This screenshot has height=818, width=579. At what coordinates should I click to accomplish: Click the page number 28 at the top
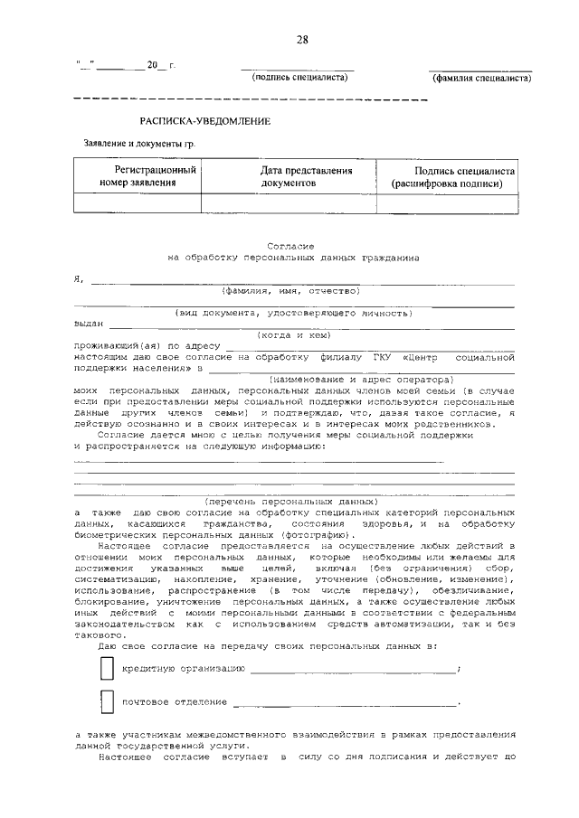(301, 39)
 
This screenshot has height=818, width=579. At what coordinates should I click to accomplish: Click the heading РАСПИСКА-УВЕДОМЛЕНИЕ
(204, 120)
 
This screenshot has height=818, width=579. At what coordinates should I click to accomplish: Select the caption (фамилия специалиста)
(480, 79)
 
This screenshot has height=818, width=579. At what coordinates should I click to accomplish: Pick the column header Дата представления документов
(289, 176)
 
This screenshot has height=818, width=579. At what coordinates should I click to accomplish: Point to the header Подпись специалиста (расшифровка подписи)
(452, 176)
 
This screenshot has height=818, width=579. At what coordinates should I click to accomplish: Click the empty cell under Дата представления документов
(289, 203)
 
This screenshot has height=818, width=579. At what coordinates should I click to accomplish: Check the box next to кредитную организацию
(108, 668)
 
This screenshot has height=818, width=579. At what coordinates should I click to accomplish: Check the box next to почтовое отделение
(108, 701)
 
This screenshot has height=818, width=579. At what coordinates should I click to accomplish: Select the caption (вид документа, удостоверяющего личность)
(294, 313)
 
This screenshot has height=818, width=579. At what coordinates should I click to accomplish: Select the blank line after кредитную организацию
(353, 670)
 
